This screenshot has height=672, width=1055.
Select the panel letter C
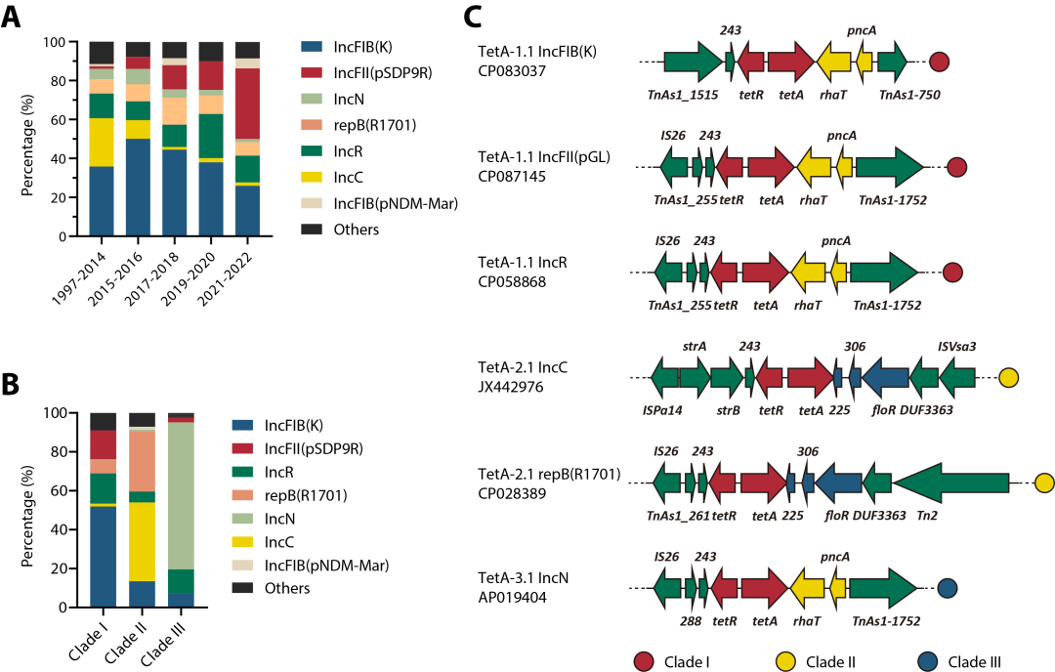pyautogui.click(x=472, y=17)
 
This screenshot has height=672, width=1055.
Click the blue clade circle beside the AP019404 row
pyautogui.click(x=947, y=588)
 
